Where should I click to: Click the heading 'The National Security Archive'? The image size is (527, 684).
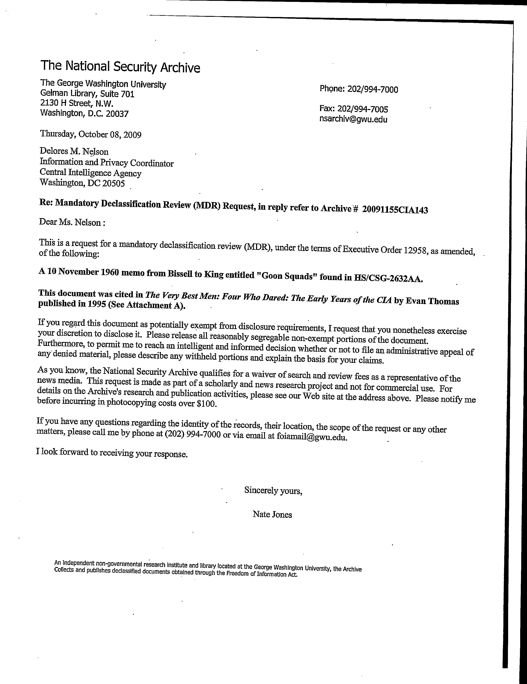click(120, 67)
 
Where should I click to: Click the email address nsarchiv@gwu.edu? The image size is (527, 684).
click(353, 119)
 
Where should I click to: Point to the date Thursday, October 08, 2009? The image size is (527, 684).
click(91, 135)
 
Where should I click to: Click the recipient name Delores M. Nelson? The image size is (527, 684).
click(74, 152)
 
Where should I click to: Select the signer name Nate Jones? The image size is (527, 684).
click(272, 515)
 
